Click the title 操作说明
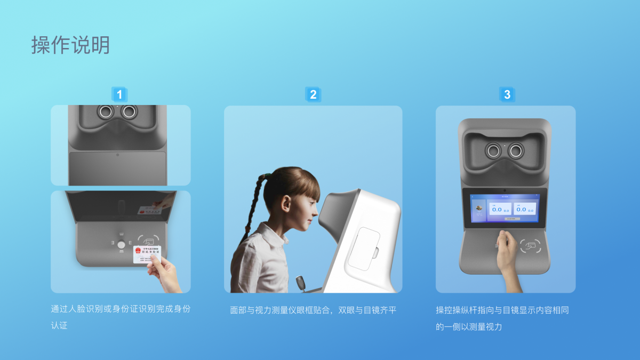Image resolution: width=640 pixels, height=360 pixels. click(x=70, y=45)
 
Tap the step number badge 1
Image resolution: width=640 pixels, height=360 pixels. click(x=119, y=95)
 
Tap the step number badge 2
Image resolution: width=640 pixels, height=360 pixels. click(x=313, y=95)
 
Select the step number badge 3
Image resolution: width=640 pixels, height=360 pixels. click(x=507, y=95)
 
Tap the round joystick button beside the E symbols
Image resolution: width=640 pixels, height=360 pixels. click(x=121, y=245)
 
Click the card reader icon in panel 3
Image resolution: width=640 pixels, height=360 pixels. click(x=531, y=246)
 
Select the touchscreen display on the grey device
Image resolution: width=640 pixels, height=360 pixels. click(x=505, y=208)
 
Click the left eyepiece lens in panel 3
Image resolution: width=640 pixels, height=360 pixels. click(x=493, y=151)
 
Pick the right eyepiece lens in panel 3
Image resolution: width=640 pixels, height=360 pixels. click(x=516, y=151)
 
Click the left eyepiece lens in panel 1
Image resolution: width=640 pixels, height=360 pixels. click(x=105, y=111)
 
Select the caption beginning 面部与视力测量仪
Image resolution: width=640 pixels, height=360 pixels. click(x=313, y=310)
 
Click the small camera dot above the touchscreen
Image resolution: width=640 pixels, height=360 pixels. click(x=505, y=190)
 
